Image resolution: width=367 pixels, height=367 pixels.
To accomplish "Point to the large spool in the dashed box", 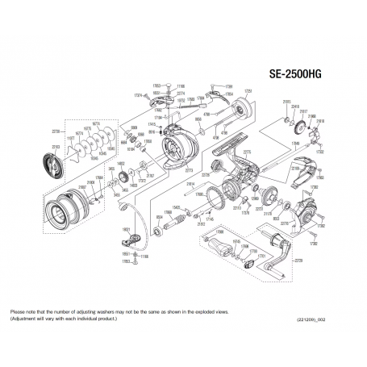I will pos(61,211).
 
